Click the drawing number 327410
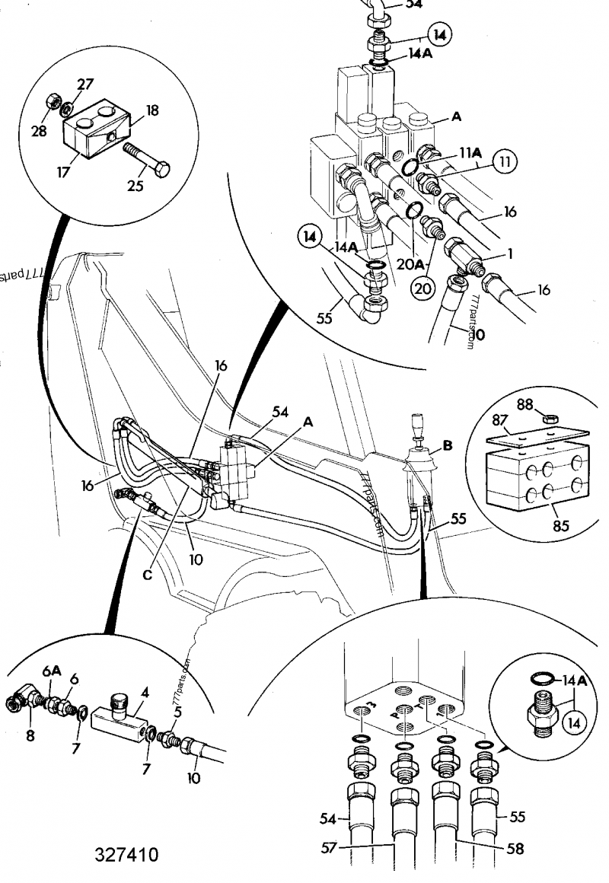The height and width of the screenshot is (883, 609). (x=127, y=854)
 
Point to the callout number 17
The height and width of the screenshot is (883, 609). (x=62, y=172)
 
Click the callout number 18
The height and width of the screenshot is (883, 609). (x=151, y=110)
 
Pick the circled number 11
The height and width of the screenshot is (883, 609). (x=504, y=161)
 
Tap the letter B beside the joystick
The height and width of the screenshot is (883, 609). (x=448, y=447)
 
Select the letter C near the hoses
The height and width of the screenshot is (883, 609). (x=147, y=575)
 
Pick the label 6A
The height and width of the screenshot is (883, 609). (x=51, y=671)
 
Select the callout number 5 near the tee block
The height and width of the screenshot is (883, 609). (x=177, y=712)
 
